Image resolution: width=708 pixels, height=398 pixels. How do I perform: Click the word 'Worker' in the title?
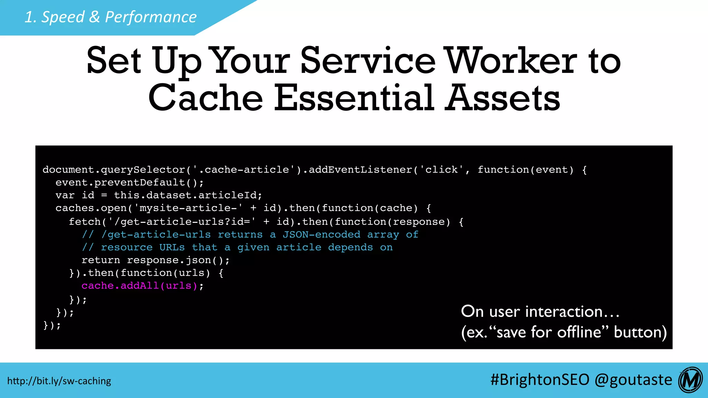(x=511, y=61)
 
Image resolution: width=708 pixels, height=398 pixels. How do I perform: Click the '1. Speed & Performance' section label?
(x=111, y=17)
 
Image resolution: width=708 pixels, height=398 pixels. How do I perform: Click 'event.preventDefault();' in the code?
(x=130, y=182)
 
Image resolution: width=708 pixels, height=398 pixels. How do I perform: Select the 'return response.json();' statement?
(x=156, y=260)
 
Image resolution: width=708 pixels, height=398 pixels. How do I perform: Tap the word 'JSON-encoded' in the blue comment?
(x=322, y=235)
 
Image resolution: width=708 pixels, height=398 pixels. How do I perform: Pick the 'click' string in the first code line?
(x=441, y=170)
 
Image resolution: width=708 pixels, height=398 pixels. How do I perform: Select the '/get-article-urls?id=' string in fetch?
(x=181, y=222)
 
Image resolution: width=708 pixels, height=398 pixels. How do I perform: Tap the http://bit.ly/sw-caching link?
(x=59, y=381)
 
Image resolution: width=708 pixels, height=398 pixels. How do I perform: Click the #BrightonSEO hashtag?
(x=540, y=380)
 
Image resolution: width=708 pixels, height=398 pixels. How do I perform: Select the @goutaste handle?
(x=633, y=380)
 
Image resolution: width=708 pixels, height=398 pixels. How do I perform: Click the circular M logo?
(x=690, y=380)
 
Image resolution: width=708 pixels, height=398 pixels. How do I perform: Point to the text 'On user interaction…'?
(x=540, y=312)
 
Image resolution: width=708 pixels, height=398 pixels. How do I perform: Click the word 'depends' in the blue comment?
(x=350, y=247)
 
